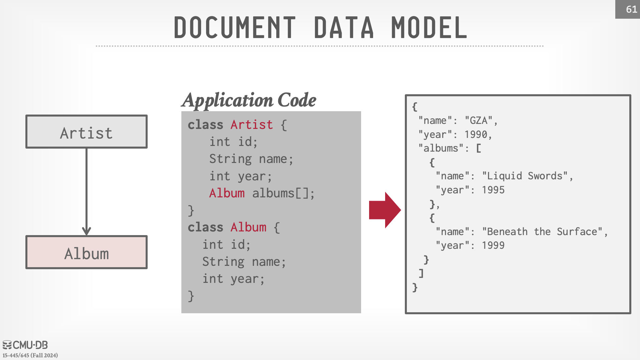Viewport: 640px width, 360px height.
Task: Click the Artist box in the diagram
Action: [87, 132]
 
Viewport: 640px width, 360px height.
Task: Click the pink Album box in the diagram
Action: [87, 252]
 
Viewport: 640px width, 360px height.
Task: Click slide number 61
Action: [631, 9]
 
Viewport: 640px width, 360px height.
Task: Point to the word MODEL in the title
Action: [429, 27]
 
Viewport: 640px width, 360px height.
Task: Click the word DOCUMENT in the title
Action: [235, 27]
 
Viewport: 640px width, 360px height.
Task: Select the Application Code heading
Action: [249, 100]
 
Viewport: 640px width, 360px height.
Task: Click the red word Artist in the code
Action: [252, 125]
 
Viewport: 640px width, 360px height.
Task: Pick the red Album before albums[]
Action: [227, 193]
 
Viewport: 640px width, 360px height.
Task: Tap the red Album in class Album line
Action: [248, 227]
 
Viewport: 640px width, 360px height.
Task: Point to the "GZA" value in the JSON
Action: [479, 120]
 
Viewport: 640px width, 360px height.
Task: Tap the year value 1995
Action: [493, 190]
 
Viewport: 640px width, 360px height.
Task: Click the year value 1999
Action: [493, 245]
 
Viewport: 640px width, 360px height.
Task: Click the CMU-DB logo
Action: [25, 345]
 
